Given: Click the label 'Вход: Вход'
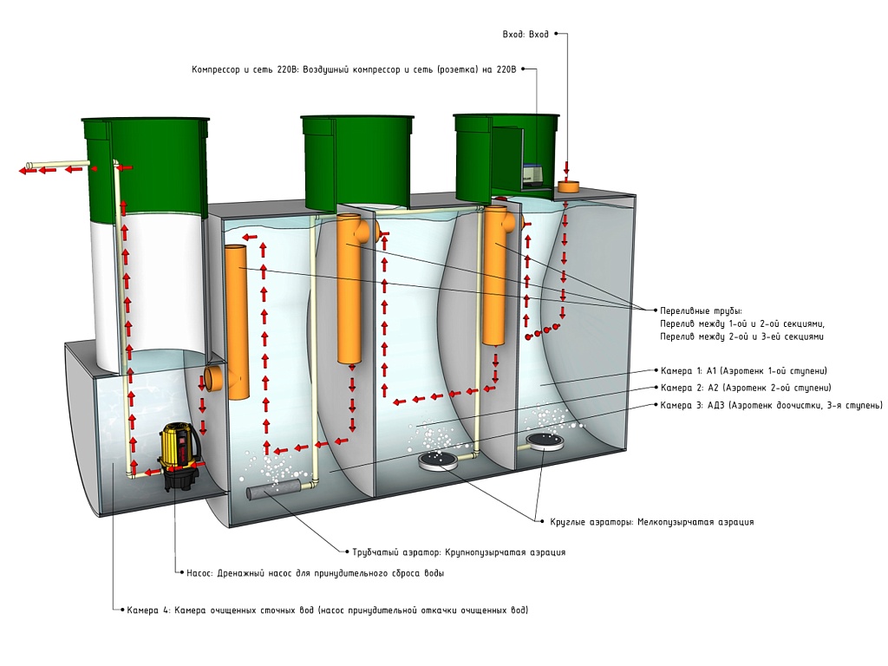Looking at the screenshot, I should (526, 35).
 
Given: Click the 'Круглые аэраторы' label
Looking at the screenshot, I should (651, 522).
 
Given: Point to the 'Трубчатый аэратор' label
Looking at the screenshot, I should (459, 552).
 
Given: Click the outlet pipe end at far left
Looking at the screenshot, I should (30, 166).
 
